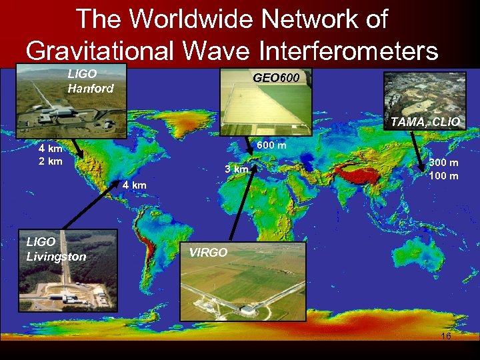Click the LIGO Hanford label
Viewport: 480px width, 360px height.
[91, 82]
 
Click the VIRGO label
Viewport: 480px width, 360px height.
[209, 253]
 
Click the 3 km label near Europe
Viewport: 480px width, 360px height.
[236, 169]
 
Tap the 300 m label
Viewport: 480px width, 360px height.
[443, 163]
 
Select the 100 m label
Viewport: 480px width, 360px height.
[443, 176]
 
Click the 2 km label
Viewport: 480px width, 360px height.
[50, 161]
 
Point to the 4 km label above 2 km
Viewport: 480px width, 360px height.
[50, 149]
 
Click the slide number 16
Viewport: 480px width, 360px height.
[446, 337]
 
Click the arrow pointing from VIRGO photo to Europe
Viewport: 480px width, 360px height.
[241, 207]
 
